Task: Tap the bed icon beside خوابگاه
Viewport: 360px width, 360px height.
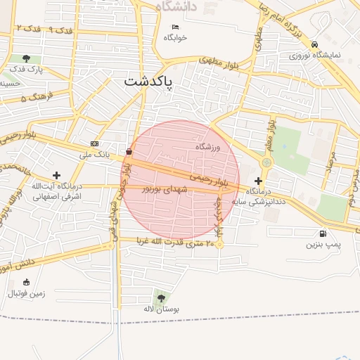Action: (x=175, y=27)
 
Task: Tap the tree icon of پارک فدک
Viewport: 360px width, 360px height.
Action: (x=26, y=58)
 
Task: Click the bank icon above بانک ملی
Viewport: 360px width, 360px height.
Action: (x=95, y=143)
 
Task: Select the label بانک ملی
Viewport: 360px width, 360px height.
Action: (x=95, y=154)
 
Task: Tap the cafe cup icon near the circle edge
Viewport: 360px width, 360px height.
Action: (x=129, y=151)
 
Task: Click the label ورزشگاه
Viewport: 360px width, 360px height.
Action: (x=208, y=147)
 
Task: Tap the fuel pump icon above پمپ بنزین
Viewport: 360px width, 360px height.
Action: (x=323, y=233)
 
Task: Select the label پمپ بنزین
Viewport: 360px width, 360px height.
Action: (x=323, y=245)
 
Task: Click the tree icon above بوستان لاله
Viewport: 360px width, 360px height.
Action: (x=162, y=298)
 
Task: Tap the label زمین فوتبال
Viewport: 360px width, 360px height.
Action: (x=27, y=292)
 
